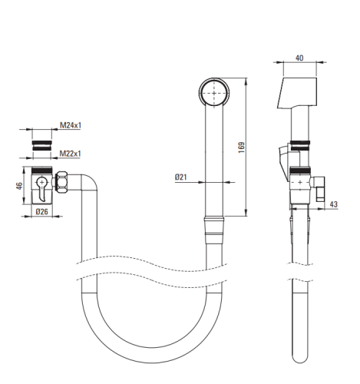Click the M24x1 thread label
71,125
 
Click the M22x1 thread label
70,154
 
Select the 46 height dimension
19,186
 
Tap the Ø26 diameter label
41,212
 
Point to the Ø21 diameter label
181,177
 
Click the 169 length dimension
241,147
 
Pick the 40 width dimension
299,58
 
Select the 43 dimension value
333,204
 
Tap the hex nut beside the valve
61,182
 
